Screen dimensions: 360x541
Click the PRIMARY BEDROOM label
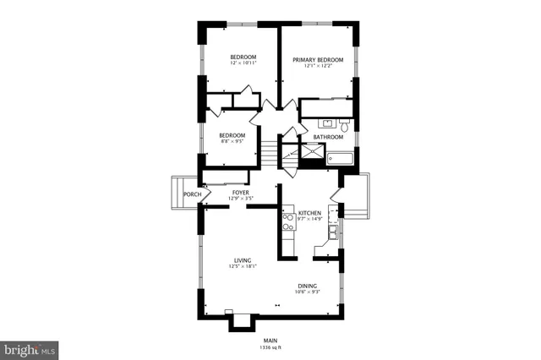click(318, 60)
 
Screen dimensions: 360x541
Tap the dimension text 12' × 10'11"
click(243, 63)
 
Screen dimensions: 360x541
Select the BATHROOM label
click(328, 137)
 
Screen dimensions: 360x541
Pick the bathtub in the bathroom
click(342, 157)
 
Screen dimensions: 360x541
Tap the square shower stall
click(313, 155)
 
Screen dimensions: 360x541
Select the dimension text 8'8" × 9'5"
click(232, 142)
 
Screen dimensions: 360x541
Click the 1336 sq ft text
click(270, 347)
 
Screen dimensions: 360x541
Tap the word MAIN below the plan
click(270, 341)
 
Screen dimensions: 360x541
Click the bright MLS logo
click(30, 347)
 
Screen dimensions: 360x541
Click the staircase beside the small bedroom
click(268, 154)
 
